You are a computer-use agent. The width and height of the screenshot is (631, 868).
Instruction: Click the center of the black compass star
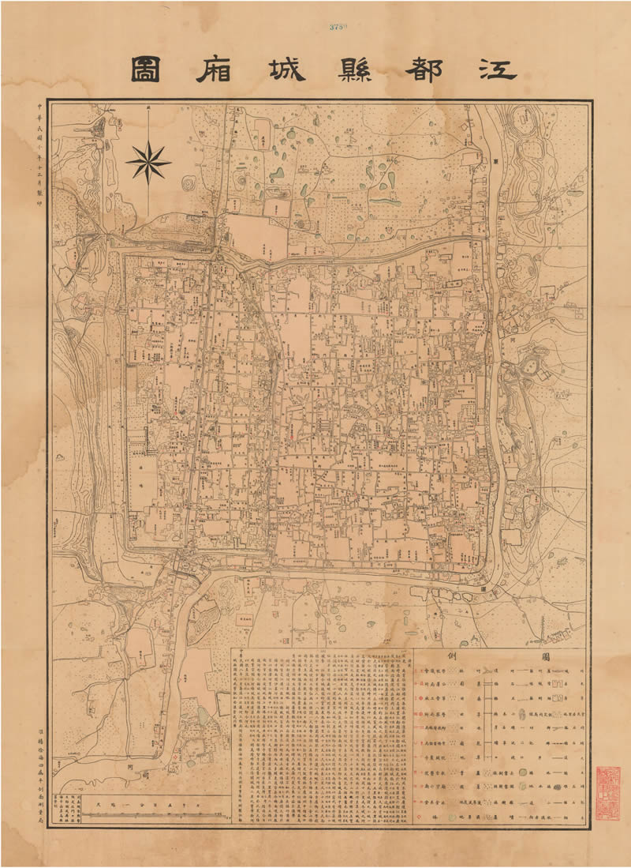(147, 161)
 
